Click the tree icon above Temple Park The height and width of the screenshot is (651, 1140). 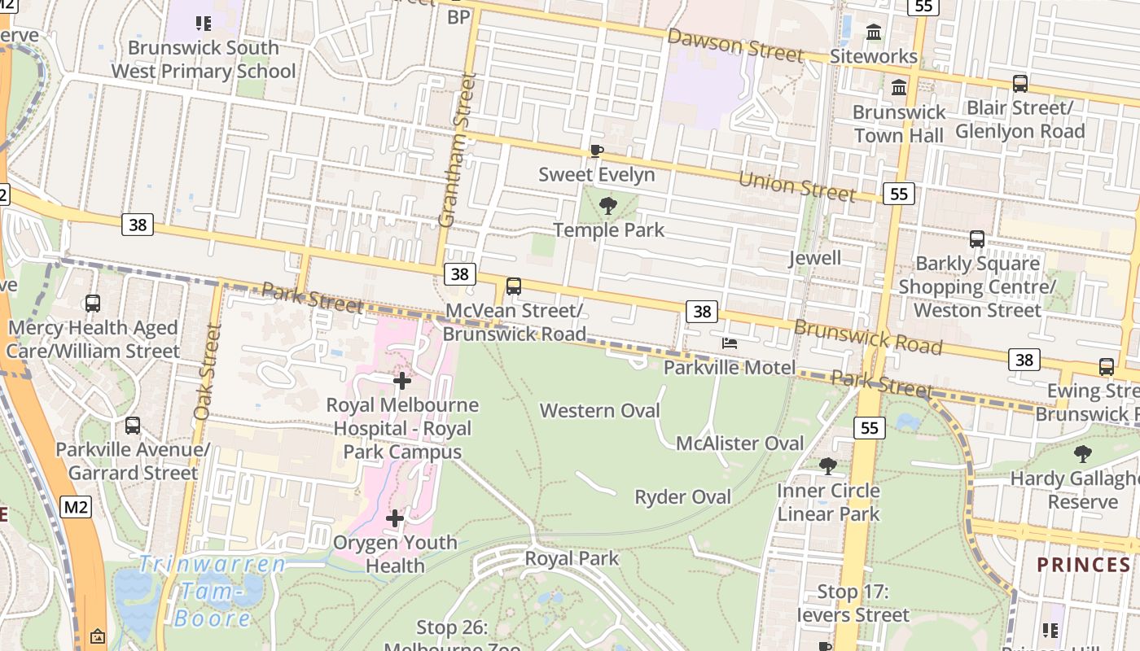(607, 206)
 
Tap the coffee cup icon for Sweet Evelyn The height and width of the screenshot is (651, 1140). (596, 151)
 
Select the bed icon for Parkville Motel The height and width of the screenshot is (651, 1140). (730, 343)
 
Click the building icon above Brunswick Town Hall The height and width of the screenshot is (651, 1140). (899, 87)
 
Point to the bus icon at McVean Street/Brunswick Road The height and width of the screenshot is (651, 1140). (514, 286)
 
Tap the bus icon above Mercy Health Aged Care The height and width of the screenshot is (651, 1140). (93, 304)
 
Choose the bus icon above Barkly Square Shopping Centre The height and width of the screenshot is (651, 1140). (977, 239)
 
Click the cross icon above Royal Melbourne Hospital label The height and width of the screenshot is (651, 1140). (401, 380)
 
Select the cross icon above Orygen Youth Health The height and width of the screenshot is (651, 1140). (395, 518)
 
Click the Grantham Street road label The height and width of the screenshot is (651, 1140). (456, 151)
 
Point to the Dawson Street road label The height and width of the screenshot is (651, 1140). (735, 44)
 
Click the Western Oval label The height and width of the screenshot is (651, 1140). (599, 410)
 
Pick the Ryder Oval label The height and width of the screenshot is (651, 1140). (682, 496)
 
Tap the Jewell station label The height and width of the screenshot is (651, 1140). (815, 258)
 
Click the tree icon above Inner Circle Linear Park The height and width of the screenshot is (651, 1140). (828, 466)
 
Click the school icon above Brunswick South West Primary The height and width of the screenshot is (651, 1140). (204, 24)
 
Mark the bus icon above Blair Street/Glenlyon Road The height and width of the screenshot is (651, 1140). (1019, 84)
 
